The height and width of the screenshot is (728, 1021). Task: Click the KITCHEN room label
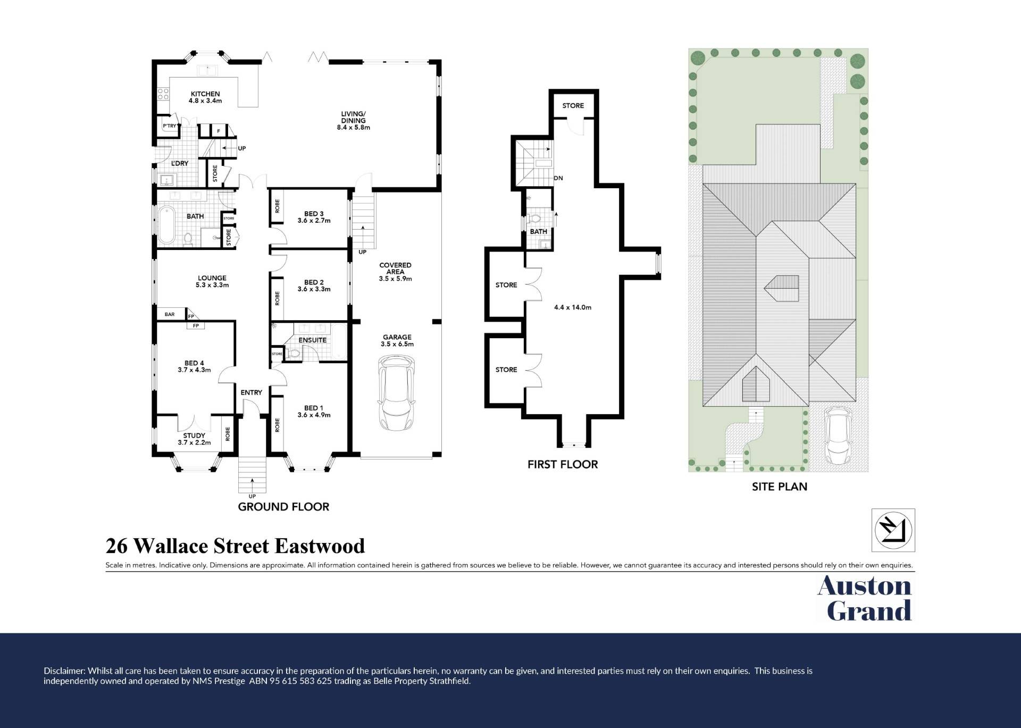click(205, 94)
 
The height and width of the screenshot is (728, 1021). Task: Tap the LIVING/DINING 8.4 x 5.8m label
click(354, 121)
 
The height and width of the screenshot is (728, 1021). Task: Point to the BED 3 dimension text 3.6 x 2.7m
click(314, 221)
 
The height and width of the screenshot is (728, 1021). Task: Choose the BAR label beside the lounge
click(170, 314)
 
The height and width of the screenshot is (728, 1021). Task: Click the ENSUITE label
click(313, 340)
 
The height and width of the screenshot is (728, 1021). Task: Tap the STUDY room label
click(194, 436)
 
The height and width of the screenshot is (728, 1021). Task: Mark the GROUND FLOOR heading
click(283, 507)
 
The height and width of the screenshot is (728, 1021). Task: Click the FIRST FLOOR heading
click(563, 464)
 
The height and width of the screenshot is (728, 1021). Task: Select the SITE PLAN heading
click(780, 487)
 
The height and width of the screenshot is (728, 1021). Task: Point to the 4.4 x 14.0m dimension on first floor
click(573, 307)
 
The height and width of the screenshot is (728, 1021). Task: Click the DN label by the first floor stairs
click(558, 178)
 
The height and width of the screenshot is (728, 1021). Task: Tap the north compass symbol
click(893, 530)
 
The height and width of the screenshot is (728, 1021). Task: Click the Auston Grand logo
click(865, 598)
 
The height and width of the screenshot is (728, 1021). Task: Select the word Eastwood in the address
click(320, 546)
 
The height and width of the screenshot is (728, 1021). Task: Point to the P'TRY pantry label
click(170, 126)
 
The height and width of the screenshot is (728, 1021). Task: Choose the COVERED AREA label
click(395, 269)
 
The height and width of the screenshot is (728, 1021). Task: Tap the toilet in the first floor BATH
click(534, 219)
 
